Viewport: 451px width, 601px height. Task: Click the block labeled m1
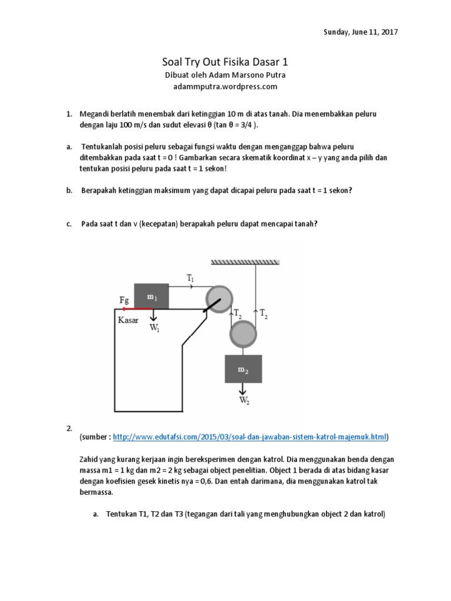152,296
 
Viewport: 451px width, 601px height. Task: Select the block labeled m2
243,369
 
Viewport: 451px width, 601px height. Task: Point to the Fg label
124,300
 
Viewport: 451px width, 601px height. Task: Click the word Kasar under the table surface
128,320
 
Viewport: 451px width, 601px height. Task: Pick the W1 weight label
154,328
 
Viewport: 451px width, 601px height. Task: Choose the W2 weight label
243,401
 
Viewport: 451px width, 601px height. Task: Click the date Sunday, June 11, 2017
361,32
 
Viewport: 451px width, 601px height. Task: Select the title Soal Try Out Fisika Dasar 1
225,62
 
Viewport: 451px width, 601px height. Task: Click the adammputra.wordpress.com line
225,86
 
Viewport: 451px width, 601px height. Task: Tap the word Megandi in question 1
96,113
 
